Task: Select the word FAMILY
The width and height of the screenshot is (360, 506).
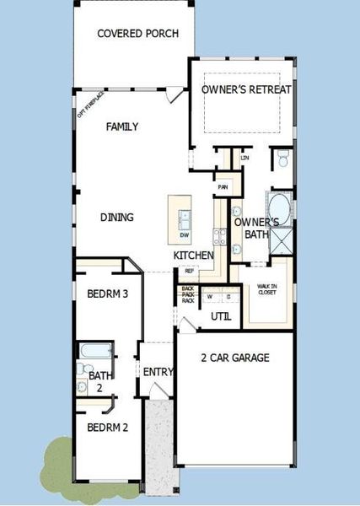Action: pos(122,126)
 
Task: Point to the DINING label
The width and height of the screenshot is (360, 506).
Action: pos(117,217)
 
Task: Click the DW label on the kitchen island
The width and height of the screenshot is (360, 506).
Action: pos(183,234)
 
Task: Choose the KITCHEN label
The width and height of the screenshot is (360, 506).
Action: pos(193,256)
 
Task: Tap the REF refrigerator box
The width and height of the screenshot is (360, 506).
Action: pos(189,272)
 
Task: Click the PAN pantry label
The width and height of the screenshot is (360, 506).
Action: pos(223,187)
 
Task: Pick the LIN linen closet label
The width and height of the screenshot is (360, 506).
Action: pos(245,158)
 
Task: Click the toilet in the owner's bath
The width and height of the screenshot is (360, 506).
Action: pos(282,159)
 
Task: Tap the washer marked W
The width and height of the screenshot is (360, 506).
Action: pos(210,296)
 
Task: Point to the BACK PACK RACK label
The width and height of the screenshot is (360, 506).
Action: pos(189,295)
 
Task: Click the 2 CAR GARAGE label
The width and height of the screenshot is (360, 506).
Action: pos(235,358)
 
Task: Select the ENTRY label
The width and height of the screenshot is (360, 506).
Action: pos(158,372)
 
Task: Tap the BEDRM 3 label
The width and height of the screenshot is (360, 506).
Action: pos(107,294)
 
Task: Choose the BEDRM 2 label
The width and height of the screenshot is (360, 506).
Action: pos(107,427)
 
